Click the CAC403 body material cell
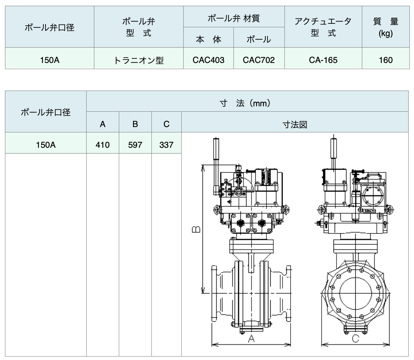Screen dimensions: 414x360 point(208,60)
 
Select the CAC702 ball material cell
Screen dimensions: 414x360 point(259,60)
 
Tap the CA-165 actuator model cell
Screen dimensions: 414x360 point(323,60)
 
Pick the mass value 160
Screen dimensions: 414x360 point(386,60)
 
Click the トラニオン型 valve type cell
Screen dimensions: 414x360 point(139,60)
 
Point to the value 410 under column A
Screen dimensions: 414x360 point(102,145)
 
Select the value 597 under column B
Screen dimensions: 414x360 point(135,145)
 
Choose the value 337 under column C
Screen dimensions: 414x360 point(166,145)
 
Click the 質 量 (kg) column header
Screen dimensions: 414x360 point(386,27)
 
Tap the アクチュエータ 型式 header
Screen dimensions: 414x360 point(323,27)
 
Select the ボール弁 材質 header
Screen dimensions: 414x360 point(234,18)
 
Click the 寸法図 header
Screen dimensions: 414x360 point(295,124)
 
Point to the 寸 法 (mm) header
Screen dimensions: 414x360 point(245,103)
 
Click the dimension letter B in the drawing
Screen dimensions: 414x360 point(196,230)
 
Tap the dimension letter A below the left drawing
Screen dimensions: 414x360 point(251,338)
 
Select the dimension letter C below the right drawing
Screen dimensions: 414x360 point(356,339)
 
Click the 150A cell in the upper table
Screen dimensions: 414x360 point(49,60)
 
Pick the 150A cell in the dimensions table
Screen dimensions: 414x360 point(46,145)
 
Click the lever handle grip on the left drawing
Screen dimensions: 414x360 point(216,148)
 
